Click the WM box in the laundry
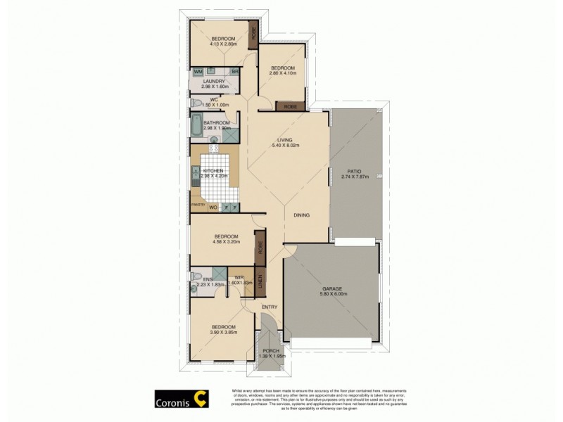198,72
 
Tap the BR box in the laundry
234,72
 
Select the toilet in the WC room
196,103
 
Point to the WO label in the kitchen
213,207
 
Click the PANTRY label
198,205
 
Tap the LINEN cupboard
260,282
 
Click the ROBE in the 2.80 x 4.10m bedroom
289,107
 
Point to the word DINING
302,215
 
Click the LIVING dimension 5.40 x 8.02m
286,146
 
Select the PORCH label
270,351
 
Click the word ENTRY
270,307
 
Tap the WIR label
239,277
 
